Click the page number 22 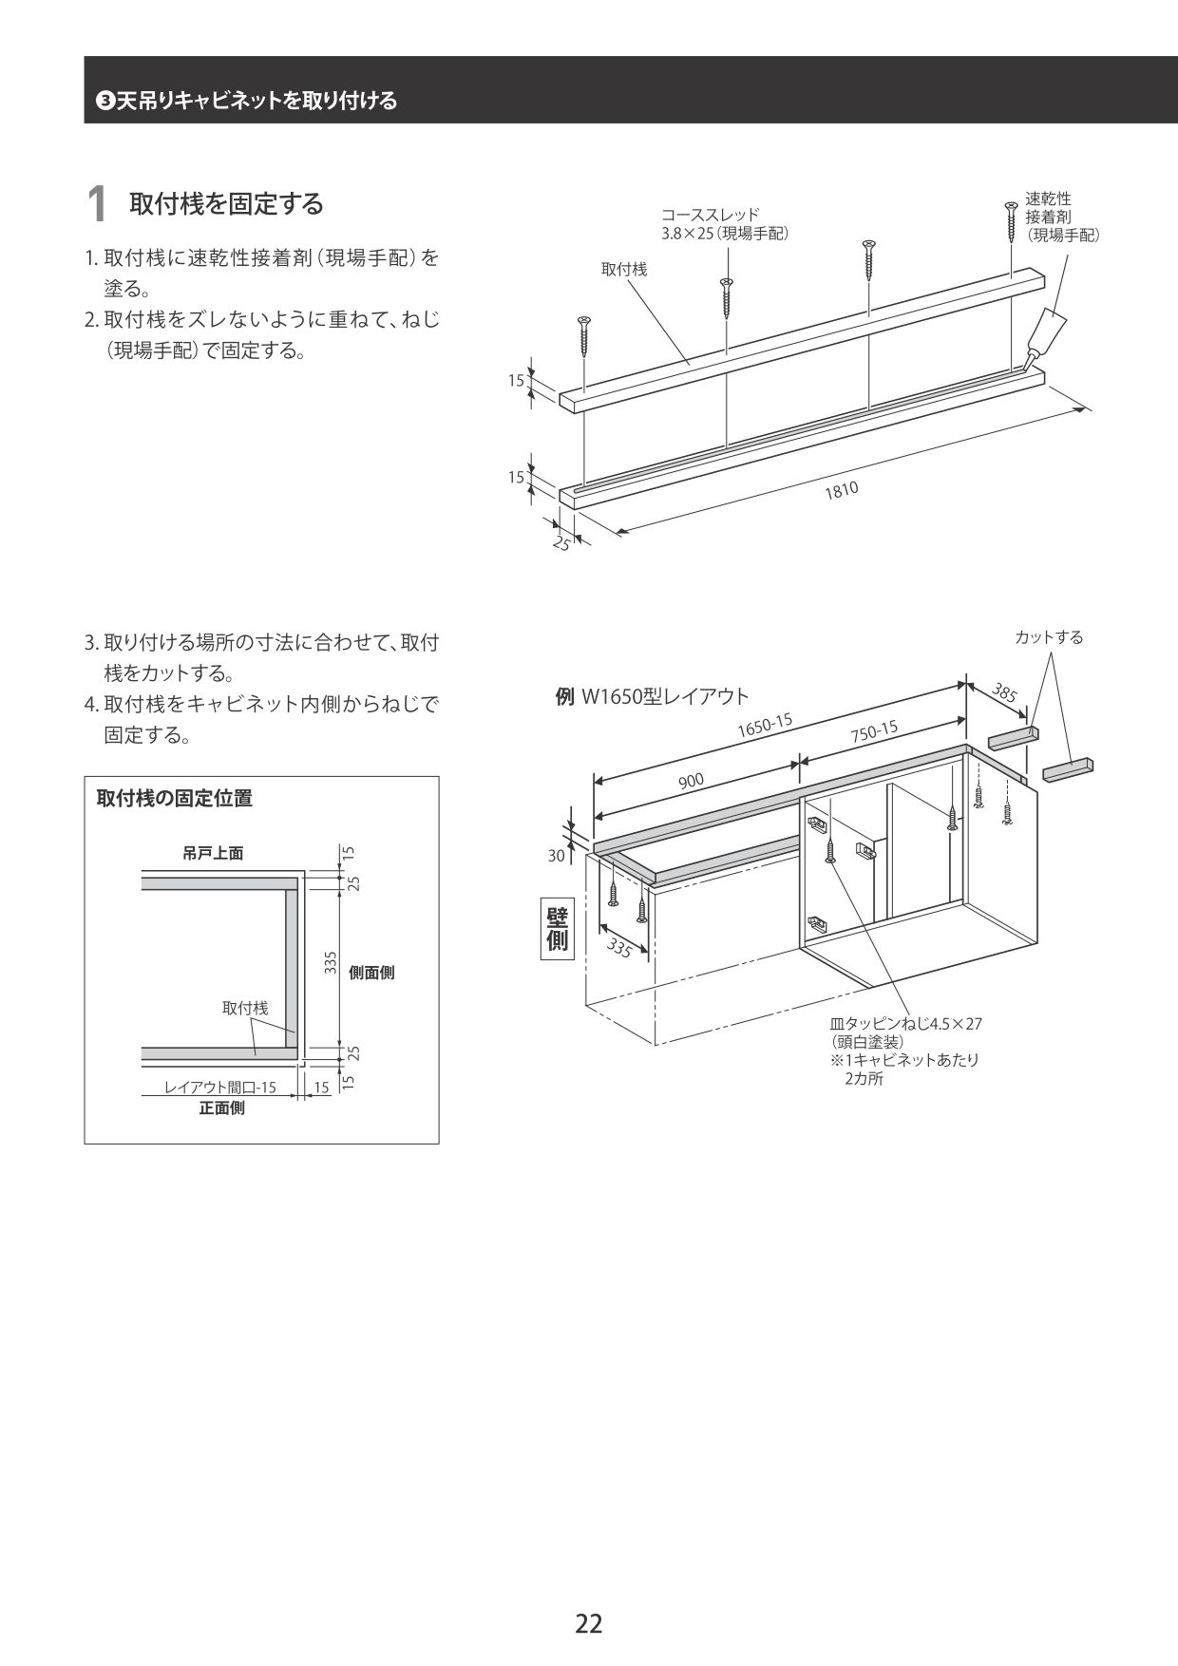click(588, 1623)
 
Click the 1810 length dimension click(841, 489)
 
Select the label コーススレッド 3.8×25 click(724, 224)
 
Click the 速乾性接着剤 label click(1061, 216)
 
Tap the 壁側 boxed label click(557, 927)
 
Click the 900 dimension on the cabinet click(691, 781)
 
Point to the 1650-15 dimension click(765, 727)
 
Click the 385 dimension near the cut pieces click(1004, 693)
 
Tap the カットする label click(1049, 637)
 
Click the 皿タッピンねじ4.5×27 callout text click(905, 1024)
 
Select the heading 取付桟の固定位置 click(175, 799)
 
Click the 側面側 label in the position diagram click(371, 973)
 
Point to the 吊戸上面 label click(213, 854)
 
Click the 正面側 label click(221, 1108)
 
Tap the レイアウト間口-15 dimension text click(220, 1088)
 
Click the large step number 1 click(96, 205)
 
